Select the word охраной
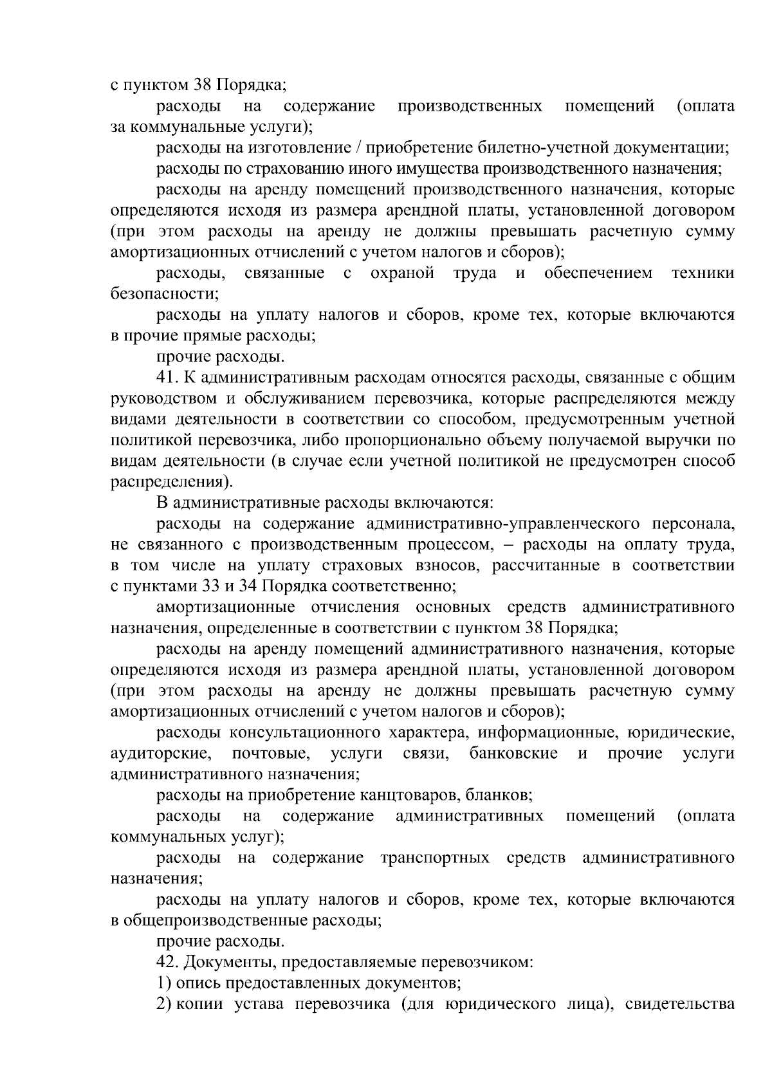tap(402, 273)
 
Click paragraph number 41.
tap(167, 378)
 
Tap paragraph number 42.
tap(167, 963)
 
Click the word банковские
tap(513, 754)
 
